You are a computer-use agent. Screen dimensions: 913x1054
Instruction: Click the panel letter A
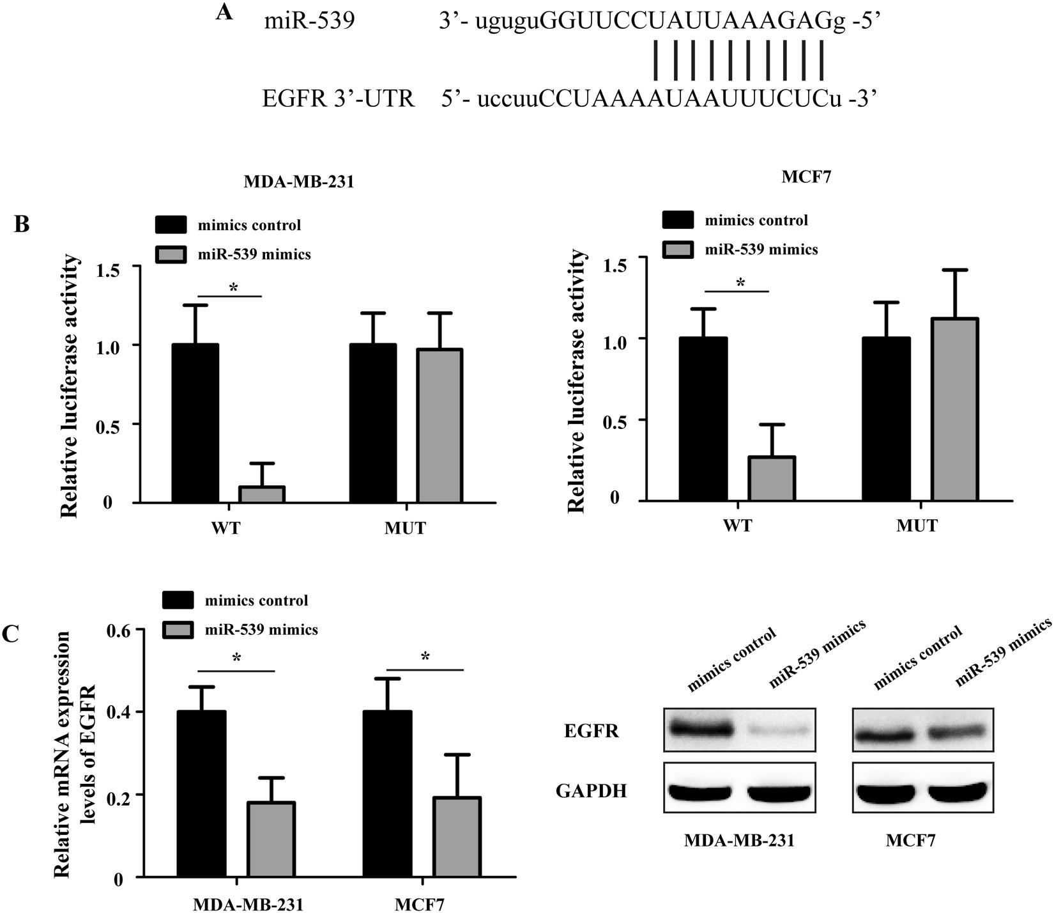pyautogui.click(x=224, y=12)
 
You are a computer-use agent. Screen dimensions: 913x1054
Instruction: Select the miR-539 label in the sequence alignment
pyautogui.click(x=309, y=22)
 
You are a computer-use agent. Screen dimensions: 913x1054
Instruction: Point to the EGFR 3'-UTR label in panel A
pyautogui.click(x=339, y=98)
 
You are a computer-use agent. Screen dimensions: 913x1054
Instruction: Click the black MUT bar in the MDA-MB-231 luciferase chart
pyautogui.click(x=372, y=423)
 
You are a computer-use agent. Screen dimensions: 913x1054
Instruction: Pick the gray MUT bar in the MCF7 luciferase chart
pyautogui.click(x=954, y=409)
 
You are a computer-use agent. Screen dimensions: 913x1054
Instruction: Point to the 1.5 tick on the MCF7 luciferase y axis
pyautogui.click(x=617, y=258)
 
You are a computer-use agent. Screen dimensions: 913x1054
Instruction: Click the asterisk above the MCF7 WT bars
pyautogui.click(x=740, y=283)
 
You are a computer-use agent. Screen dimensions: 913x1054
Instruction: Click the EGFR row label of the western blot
pyautogui.click(x=591, y=731)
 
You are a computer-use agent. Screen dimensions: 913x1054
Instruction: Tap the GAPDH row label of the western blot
pyautogui.click(x=591, y=792)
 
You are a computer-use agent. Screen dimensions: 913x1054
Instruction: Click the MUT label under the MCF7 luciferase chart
pyautogui.click(x=917, y=526)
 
